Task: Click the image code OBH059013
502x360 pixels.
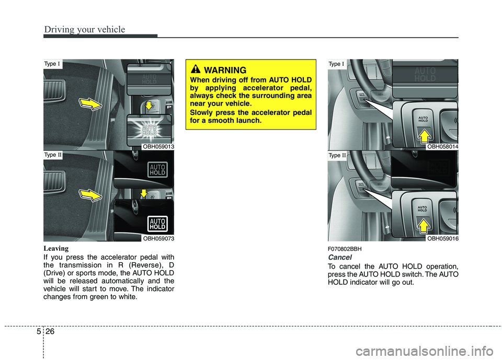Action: (158, 147)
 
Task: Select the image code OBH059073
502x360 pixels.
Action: (158, 238)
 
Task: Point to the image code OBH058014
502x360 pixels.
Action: (442, 147)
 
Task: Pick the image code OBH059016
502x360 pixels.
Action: (442, 238)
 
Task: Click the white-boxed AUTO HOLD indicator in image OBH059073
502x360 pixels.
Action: (157, 223)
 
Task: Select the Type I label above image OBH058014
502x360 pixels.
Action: (337, 64)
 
